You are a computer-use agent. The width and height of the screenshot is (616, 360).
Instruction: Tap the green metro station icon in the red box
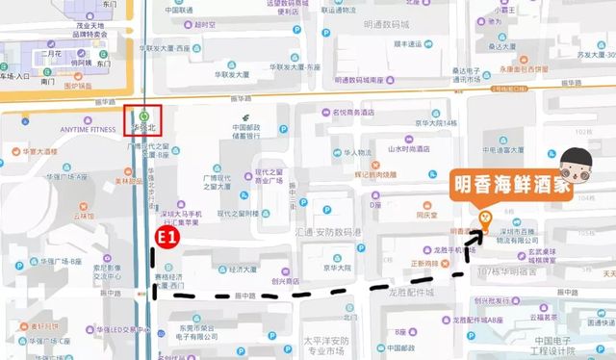click(x=143, y=113)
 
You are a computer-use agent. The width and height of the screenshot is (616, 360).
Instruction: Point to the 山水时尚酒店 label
click(x=408, y=148)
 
